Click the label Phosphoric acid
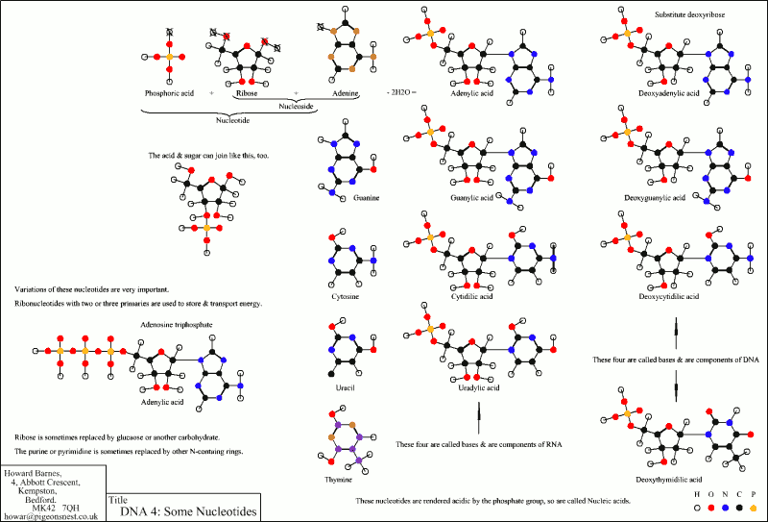pos(168,92)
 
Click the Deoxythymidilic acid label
pos(670,478)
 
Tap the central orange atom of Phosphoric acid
pos(168,58)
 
